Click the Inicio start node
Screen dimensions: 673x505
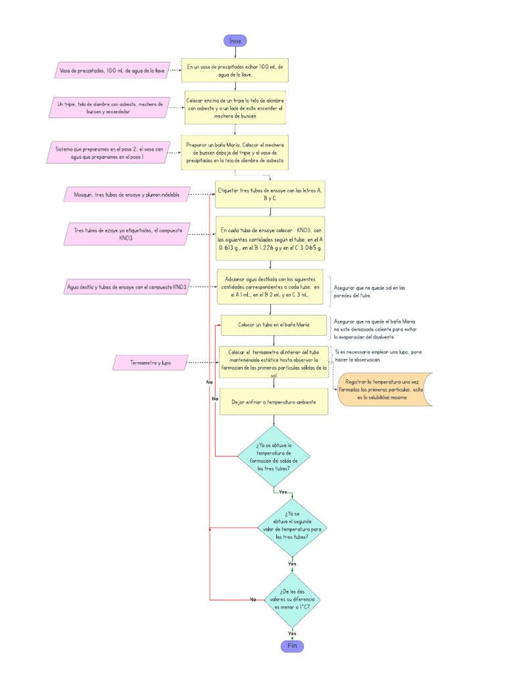(x=235, y=41)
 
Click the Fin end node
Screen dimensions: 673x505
(x=292, y=646)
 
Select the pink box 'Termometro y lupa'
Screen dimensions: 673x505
(x=151, y=362)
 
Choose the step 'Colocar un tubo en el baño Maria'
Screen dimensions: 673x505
(x=274, y=325)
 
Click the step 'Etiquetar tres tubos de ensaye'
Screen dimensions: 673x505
(x=270, y=194)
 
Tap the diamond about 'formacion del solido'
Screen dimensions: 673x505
(x=274, y=457)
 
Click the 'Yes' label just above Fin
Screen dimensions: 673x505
(x=292, y=633)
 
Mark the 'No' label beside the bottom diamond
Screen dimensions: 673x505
(x=252, y=599)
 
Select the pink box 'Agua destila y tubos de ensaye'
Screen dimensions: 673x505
(x=128, y=287)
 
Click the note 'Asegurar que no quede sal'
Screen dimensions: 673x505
(x=370, y=291)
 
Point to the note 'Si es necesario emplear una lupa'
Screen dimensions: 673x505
(x=378, y=356)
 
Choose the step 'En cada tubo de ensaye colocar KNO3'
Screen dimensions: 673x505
(x=270, y=240)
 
